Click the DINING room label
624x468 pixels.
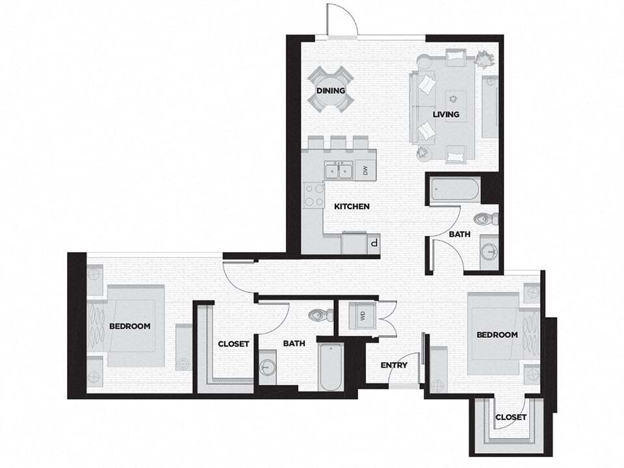point(331,90)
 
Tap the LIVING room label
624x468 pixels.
point(446,114)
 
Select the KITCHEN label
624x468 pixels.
point(352,207)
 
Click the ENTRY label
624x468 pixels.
point(394,365)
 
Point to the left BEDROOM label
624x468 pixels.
point(130,326)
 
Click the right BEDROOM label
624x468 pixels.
point(497,335)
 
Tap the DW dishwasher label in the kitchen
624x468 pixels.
point(365,171)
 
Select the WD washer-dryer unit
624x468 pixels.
point(361,317)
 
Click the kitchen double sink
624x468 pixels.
point(338,170)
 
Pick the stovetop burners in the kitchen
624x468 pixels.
point(313,194)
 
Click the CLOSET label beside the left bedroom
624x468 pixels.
point(233,344)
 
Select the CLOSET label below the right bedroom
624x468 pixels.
point(510,417)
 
